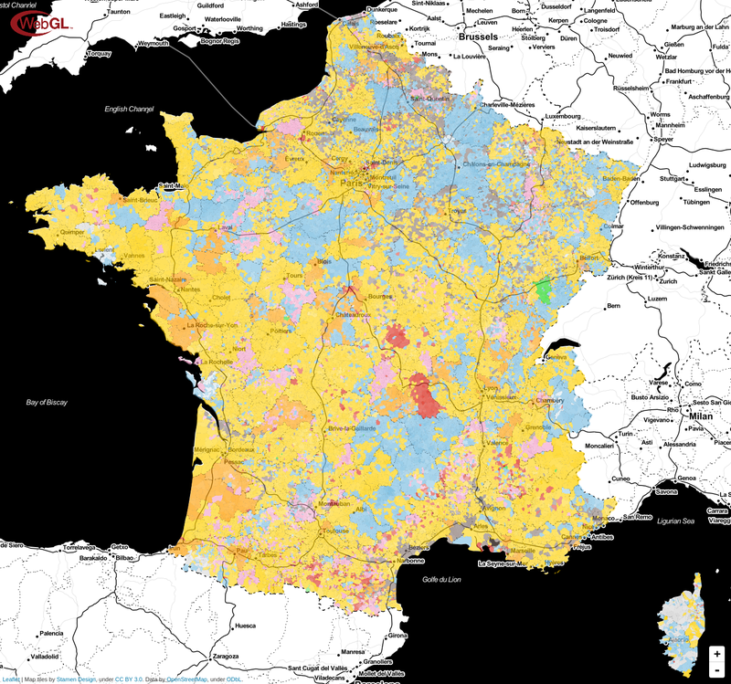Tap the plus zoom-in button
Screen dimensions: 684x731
point(717,654)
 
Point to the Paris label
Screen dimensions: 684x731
point(352,183)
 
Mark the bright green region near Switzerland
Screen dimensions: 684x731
point(546,290)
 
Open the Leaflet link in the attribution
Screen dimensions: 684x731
point(12,679)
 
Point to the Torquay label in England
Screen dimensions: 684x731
point(98,53)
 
